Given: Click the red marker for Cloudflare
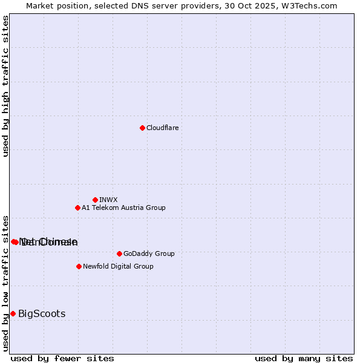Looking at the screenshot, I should point(142,128).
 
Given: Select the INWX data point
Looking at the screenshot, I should point(95,200).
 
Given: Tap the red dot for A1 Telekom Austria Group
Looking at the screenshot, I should point(77,208).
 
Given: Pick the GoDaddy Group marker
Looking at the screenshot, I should point(119,253).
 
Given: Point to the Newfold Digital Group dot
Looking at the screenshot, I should point(79,266).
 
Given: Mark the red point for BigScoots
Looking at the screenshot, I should point(13,313).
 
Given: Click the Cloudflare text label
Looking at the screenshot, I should point(162,128).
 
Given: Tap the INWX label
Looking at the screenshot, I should point(108,200).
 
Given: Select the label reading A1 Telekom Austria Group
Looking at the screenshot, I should point(123,208).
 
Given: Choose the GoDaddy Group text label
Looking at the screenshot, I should point(148,253).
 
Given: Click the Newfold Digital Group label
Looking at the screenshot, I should point(118,266).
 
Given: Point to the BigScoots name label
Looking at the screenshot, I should point(42,313).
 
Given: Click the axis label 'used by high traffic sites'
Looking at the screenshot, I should point(5,86).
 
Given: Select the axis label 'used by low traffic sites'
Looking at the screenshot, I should point(5,283).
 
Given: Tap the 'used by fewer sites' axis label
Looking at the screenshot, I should point(62,358).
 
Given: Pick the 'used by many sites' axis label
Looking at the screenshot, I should point(304,358).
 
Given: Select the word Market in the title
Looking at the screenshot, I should point(39,5).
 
